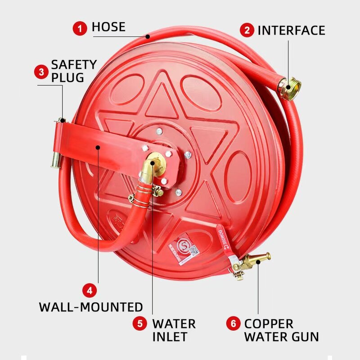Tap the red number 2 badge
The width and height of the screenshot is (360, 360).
247,30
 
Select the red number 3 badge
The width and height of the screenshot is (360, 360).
41,72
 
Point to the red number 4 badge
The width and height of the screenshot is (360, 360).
90,290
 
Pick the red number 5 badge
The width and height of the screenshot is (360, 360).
140,323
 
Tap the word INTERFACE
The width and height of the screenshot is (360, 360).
291,30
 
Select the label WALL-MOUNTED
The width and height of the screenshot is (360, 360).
91,307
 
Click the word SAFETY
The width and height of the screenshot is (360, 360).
74,64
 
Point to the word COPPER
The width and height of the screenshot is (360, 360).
269,324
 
